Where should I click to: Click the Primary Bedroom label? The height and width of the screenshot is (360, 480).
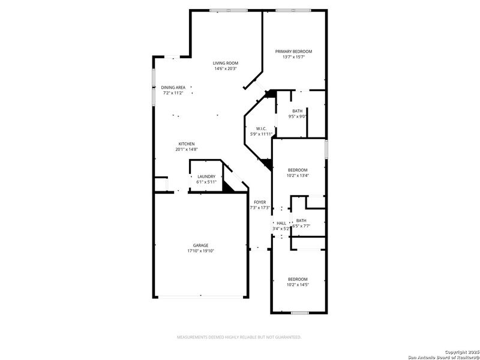293,52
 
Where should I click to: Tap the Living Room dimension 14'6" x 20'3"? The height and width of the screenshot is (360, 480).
226,68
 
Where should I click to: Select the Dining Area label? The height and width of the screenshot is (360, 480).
173,88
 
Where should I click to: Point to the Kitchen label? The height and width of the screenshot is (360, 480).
186,143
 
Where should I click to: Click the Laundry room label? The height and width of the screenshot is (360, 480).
206,176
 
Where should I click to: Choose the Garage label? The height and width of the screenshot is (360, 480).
200,245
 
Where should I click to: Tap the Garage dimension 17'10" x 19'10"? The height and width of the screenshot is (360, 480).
200,251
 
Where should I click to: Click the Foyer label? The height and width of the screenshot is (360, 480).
260,202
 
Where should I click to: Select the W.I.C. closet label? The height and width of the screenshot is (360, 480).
261,128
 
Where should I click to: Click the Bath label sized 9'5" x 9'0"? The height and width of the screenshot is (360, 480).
298,111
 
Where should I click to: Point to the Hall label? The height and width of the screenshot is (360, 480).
281,223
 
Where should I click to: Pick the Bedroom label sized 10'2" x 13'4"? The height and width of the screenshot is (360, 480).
298,170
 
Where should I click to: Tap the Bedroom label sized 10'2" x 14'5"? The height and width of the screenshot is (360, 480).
298,279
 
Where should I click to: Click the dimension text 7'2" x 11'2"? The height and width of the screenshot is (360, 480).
173,93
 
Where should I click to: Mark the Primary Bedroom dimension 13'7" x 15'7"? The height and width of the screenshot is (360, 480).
293,57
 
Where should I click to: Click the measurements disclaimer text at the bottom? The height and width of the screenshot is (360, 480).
238,337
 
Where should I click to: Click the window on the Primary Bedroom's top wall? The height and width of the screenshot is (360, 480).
293,10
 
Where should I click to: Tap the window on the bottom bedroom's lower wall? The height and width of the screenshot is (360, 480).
299,313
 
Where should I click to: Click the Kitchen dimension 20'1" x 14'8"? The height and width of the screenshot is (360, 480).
186,149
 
